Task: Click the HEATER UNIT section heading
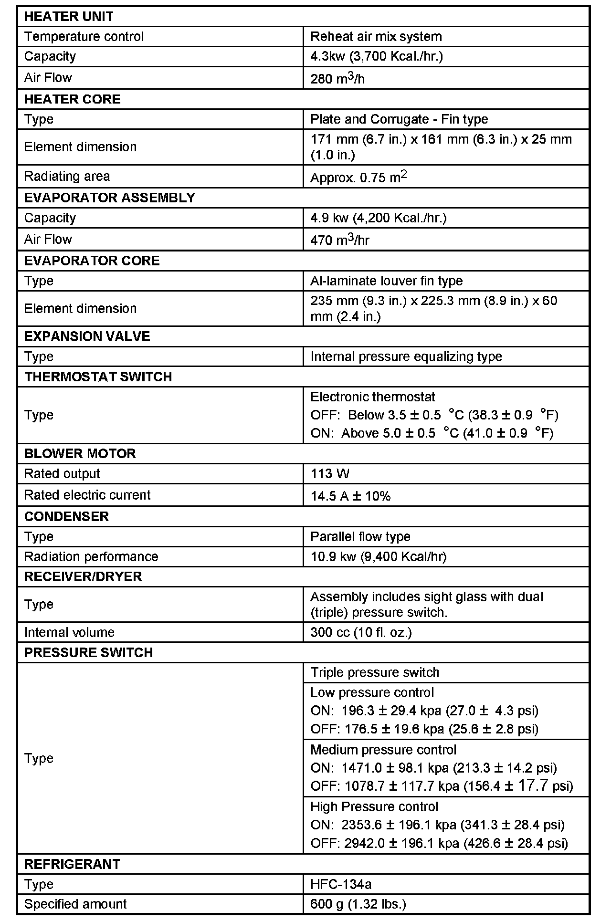pyautogui.click(x=69, y=17)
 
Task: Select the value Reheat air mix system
pyautogui.click(x=376, y=37)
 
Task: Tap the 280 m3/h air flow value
pyautogui.click(x=337, y=78)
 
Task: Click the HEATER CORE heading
pyautogui.click(x=72, y=99)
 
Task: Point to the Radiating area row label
pyautogui.click(x=67, y=176)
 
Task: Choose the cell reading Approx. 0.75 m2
pyautogui.click(x=358, y=177)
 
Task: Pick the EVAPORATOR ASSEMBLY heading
pyautogui.click(x=109, y=198)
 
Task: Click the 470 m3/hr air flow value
pyautogui.click(x=339, y=240)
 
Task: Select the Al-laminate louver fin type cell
pyautogui.click(x=386, y=281)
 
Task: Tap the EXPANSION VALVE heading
pyautogui.click(x=87, y=336)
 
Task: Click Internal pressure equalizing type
pyautogui.click(x=406, y=356)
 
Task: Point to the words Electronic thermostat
pyautogui.click(x=372, y=397)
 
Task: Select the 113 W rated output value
pyautogui.click(x=329, y=474)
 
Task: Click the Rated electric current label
pyautogui.click(x=87, y=495)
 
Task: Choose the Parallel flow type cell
pyautogui.click(x=360, y=536)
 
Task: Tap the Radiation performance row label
pyautogui.click(x=91, y=556)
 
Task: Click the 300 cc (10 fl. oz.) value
pyautogui.click(x=361, y=632)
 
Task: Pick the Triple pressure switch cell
pyautogui.click(x=374, y=672)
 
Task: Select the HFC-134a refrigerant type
pyautogui.click(x=340, y=884)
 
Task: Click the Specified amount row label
pyautogui.click(x=75, y=904)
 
